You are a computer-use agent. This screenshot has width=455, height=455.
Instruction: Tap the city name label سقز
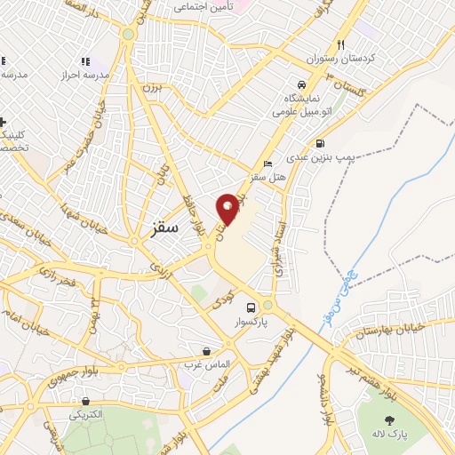point(159,227)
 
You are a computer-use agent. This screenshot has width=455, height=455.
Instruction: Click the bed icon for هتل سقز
point(269,164)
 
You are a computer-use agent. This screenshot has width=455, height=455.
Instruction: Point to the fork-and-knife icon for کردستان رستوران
point(340,44)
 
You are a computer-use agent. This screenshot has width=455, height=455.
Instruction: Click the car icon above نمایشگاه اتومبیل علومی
point(301,84)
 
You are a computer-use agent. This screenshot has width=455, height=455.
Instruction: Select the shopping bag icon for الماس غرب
point(207,352)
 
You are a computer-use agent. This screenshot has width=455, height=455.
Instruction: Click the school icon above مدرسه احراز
point(85,61)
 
